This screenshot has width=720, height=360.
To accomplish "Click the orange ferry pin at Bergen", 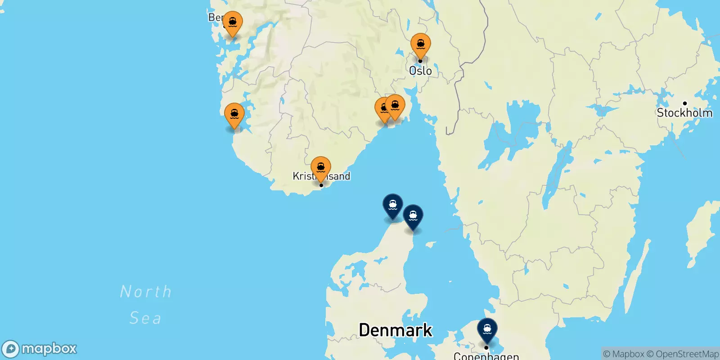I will click(233, 22).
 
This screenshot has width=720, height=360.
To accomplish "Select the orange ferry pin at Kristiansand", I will click(321, 168).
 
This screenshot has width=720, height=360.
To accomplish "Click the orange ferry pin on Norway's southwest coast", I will click(234, 114).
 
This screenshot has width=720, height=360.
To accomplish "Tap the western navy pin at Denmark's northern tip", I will click(392, 205).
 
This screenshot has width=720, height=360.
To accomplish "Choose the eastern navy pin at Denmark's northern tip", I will click(413, 216).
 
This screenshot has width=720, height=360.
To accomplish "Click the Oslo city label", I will click(420, 71).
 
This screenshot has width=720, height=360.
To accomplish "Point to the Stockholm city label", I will click(684, 112).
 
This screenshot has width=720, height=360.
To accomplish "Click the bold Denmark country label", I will click(396, 330).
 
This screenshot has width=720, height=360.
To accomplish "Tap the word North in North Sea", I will click(146, 292).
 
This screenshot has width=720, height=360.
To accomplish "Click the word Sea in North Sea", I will click(145, 318).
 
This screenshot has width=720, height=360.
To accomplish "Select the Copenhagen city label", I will click(486, 356).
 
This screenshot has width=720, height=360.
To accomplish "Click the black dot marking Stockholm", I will click(685, 103).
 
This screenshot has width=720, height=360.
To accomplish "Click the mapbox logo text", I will click(49, 349).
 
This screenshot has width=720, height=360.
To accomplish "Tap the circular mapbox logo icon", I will click(10, 349).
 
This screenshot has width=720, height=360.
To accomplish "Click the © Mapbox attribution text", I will click(623, 354).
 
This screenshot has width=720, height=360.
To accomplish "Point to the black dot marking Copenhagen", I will click(486, 347).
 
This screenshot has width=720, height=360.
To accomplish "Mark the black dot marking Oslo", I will click(420, 61).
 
